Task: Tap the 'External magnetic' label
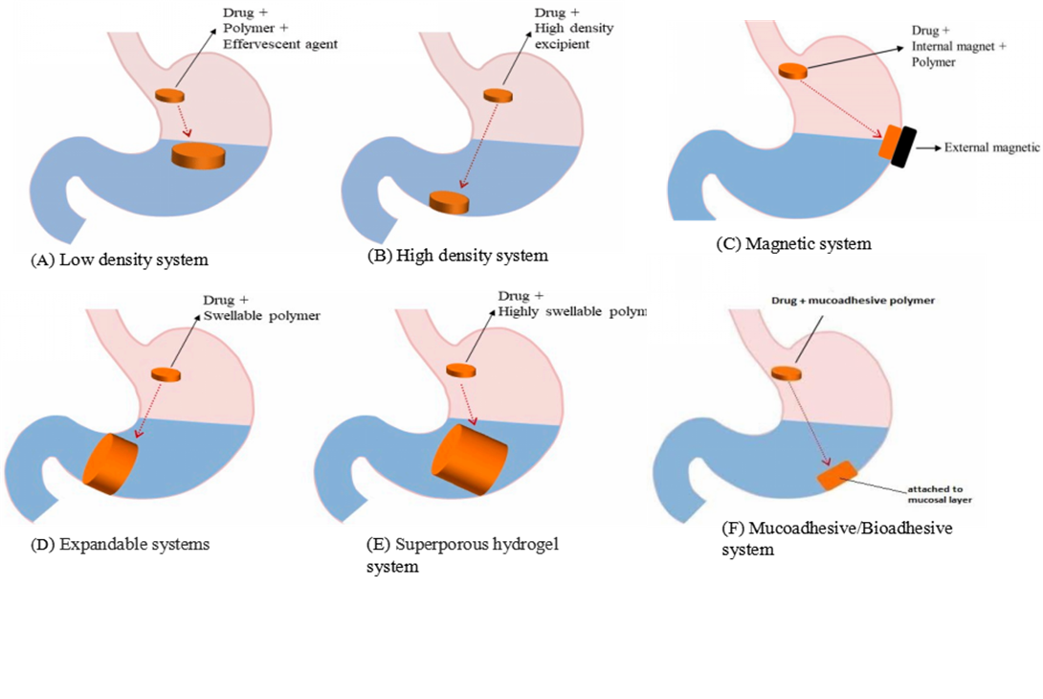click(x=991, y=148)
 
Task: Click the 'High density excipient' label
click(x=575, y=36)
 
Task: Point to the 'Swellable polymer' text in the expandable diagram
click(x=260, y=315)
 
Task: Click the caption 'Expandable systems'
click(x=135, y=545)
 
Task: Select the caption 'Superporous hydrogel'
click(x=477, y=545)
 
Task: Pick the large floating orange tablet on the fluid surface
click(x=198, y=155)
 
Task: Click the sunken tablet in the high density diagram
click(x=449, y=201)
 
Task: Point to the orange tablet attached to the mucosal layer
click(x=836, y=476)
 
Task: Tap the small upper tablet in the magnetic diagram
click(x=792, y=70)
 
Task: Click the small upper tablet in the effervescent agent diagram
click(x=168, y=95)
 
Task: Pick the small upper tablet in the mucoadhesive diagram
click(x=786, y=372)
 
